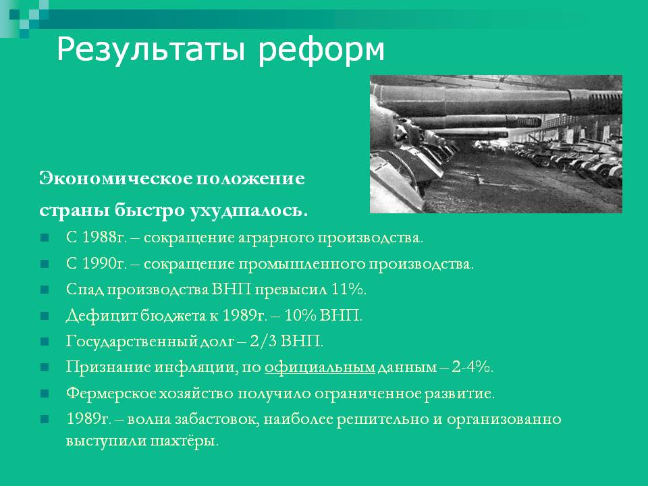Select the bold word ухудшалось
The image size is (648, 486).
[x=249, y=211]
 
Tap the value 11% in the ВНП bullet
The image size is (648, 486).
[x=349, y=290]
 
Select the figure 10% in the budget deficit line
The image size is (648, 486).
[x=300, y=315]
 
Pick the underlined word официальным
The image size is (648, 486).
[x=320, y=367]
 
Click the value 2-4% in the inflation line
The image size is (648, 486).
[x=472, y=367]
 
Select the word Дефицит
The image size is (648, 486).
[x=101, y=316]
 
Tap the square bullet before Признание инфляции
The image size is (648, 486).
[x=45, y=367]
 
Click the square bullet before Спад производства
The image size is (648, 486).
[x=45, y=290]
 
